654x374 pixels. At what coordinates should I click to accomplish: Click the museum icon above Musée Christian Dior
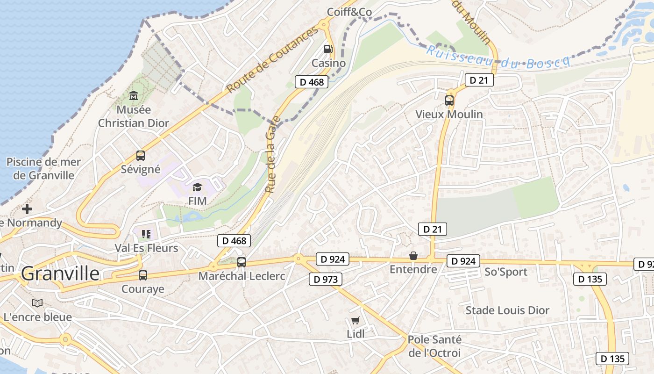pos(134,96)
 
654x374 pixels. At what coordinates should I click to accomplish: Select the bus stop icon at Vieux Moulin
pos(449,100)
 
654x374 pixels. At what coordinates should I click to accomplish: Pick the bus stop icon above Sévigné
pos(140,156)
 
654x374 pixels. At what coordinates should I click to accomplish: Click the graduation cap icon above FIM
pos(197,187)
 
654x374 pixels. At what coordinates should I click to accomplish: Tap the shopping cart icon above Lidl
pos(355,320)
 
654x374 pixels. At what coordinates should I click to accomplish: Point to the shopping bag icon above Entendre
pos(413,256)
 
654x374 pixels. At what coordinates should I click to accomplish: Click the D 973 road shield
pos(326,280)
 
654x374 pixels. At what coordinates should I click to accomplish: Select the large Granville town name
pos(60,273)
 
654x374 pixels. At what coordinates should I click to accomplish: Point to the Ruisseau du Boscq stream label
pos(498,56)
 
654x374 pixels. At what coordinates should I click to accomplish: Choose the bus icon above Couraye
pos(143,275)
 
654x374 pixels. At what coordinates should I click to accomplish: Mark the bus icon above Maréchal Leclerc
pos(241,262)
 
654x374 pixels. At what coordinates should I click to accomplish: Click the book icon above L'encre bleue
pos(37,303)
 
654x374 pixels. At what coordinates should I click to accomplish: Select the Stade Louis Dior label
pos(507,310)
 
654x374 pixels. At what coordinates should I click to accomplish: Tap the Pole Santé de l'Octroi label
pos(434,346)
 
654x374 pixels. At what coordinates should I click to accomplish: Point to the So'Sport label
pos(506,272)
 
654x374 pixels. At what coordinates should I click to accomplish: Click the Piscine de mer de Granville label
pos(43,169)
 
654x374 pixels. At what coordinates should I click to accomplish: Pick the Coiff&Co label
pos(349,12)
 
